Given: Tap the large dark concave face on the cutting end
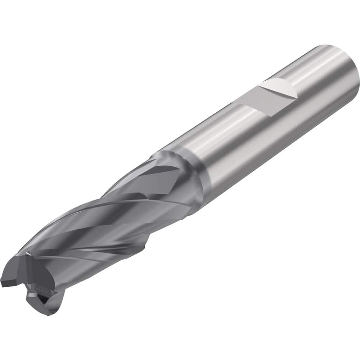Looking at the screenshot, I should pyautogui.click(x=68, y=284).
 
